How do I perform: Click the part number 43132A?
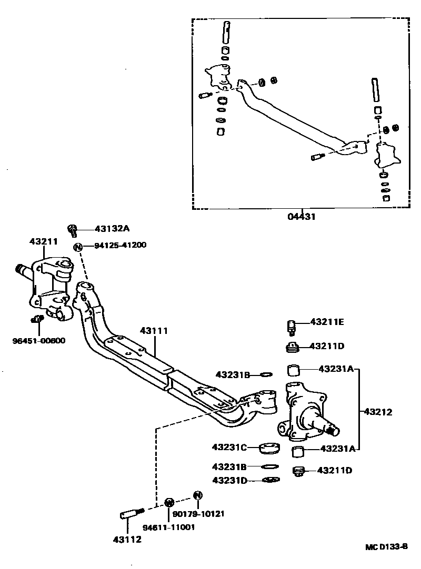(112, 229)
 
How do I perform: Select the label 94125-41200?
(121, 246)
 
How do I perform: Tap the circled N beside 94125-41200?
(78, 247)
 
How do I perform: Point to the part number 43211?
(44, 241)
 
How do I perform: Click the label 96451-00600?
(39, 340)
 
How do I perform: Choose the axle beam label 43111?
(154, 331)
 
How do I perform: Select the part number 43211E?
(327, 322)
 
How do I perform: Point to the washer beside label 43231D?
(271, 480)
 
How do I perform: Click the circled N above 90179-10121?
(198, 495)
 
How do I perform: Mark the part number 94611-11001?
(168, 526)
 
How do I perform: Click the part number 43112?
(127, 539)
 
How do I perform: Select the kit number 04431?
(301, 216)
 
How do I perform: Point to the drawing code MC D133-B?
(386, 547)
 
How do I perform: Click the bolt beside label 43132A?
(73, 230)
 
